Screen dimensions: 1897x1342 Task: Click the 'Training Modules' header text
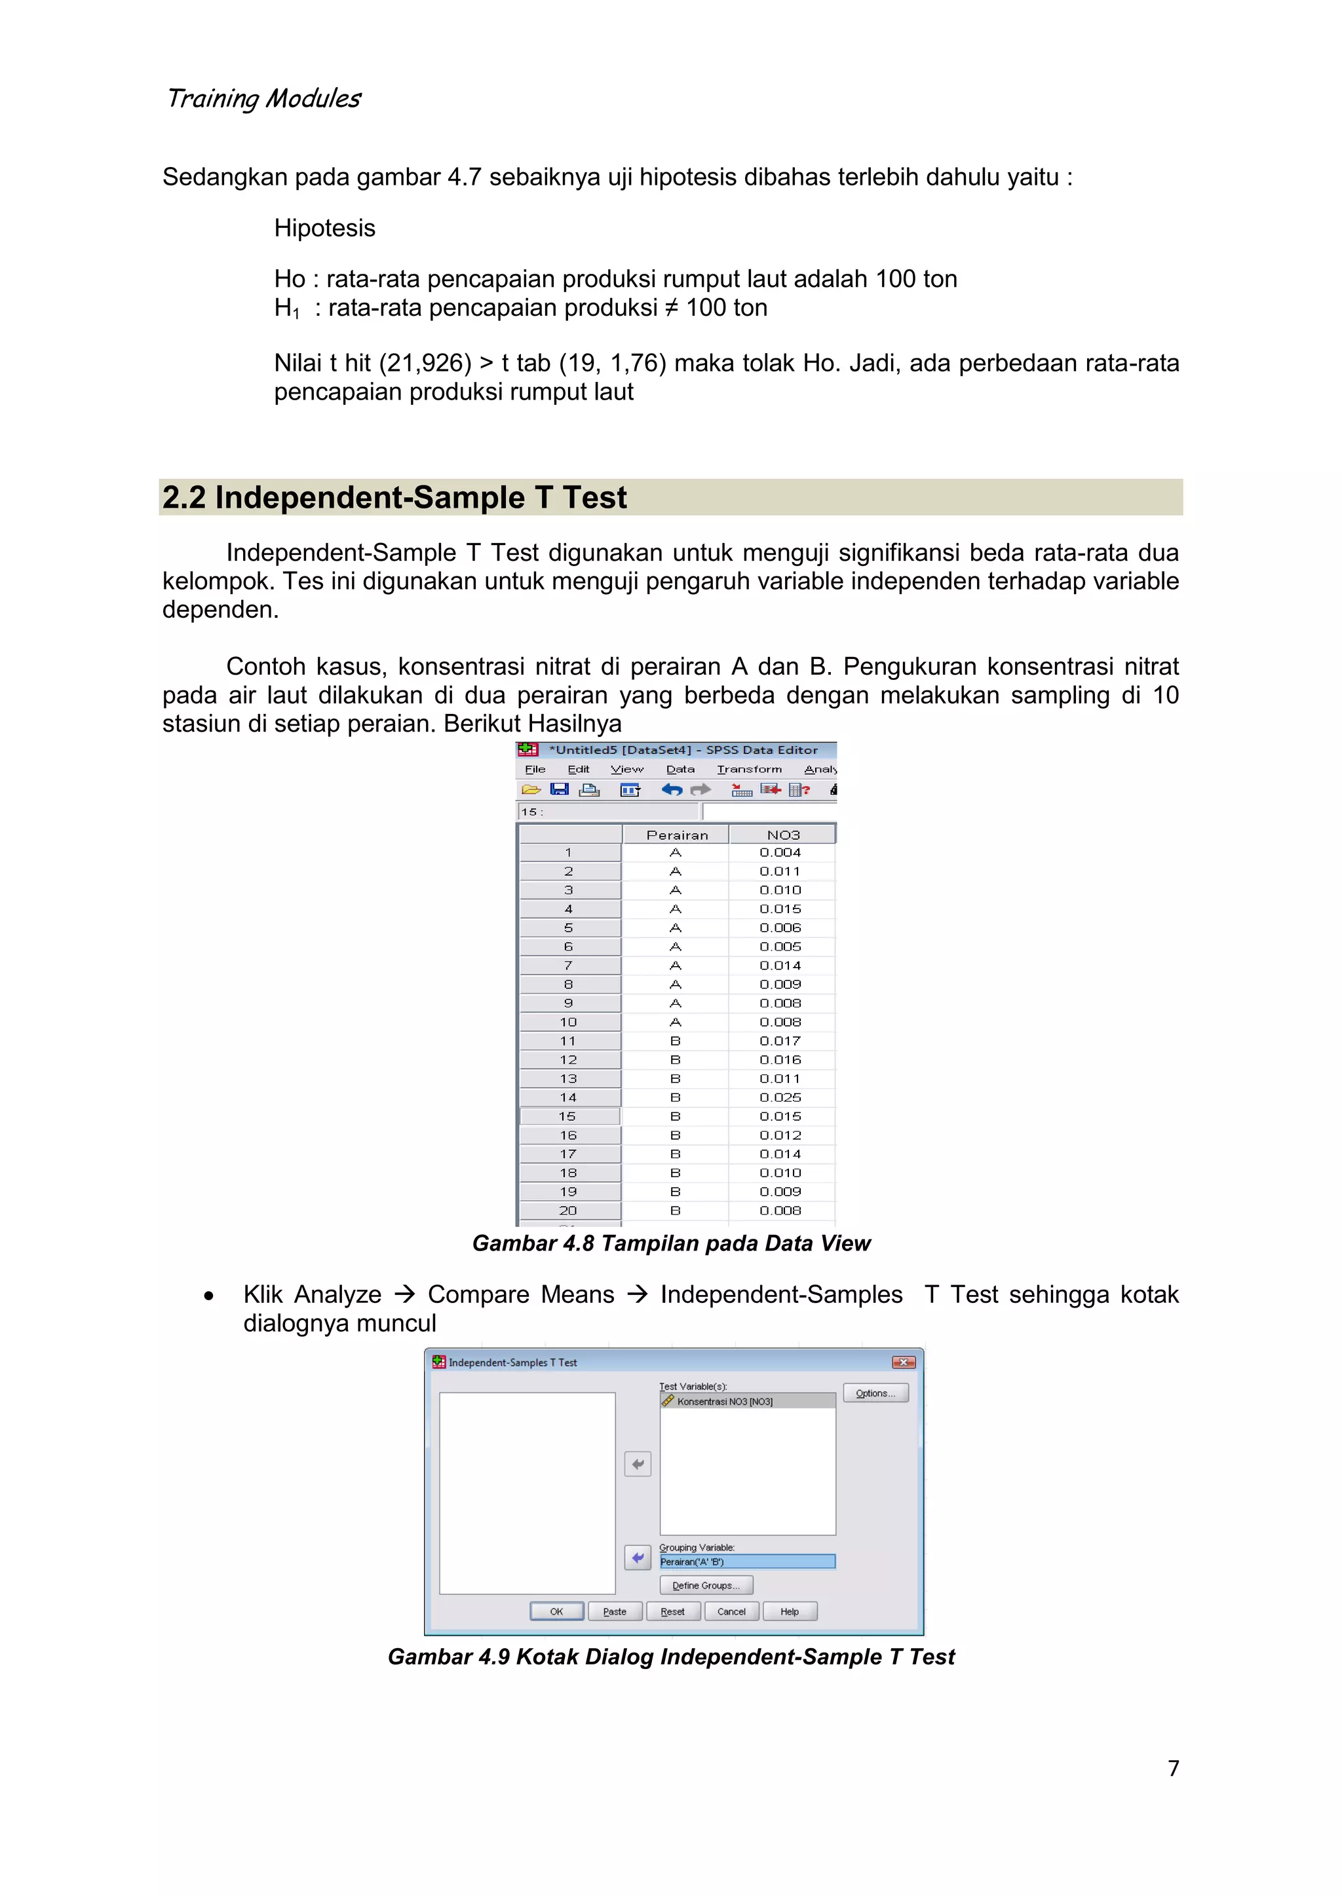coord(263,98)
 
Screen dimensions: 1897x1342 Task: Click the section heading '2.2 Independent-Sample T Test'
coord(394,497)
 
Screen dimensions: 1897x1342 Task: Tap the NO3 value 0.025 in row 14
coord(780,1097)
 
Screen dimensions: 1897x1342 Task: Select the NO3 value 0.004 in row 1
coord(780,852)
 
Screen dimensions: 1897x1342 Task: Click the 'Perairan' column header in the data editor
coord(677,835)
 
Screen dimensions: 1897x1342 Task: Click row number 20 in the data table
coord(569,1211)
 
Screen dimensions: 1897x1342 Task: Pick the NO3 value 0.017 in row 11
coord(780,1041)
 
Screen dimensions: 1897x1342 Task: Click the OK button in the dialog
coord(556,1611)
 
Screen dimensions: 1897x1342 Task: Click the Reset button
coord(673,1611)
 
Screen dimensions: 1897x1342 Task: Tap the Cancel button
coord(731,1611)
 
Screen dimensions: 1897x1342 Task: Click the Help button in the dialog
coord(789,1611)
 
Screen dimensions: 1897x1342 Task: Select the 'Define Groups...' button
coord(706,1585)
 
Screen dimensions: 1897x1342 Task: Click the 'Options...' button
coord(875,1393)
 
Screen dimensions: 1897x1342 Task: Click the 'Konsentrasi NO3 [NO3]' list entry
coord(725,1401)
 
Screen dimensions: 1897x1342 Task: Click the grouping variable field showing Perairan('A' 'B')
coord(747,1562)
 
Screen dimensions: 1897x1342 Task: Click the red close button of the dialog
coord(903,1362)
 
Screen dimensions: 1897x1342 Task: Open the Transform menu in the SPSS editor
coord(749,769)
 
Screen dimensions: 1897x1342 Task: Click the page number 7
coord(1172,1767)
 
